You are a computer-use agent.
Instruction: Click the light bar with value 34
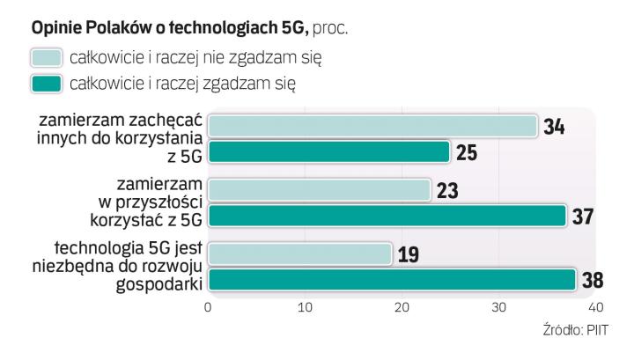click(372, 126)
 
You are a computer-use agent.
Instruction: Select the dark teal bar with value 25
click(328, 152)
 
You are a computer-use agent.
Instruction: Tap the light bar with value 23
click(319, 190)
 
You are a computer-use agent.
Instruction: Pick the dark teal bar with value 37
click(387, 216)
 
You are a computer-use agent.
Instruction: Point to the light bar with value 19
click(299, 254)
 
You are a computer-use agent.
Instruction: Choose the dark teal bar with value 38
click(392, 280)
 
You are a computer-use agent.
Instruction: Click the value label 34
click(554, 127)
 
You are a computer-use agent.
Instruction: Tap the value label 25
click(467, 153)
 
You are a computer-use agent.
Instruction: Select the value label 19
click(409, 255)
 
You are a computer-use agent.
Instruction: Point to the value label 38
click(592, 281)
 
